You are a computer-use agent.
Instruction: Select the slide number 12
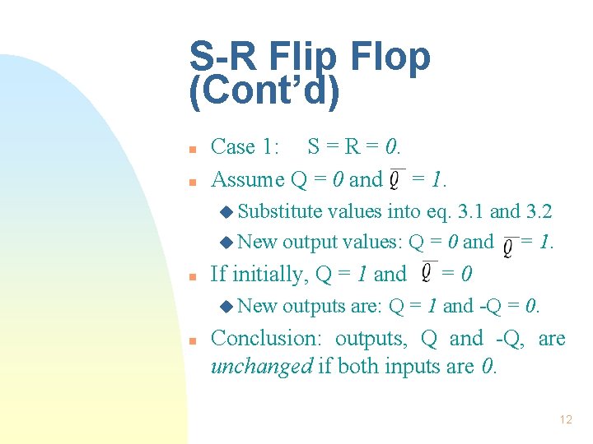click(x=565, y=419)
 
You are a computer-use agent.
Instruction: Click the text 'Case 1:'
click(x=245, y=147)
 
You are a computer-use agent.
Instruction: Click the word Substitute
click(x=280, y=211)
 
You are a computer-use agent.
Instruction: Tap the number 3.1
click(x=468, y=211)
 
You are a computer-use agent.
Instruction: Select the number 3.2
click(x=538, y=211)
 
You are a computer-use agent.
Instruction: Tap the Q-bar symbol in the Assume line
click(x=398, y=178)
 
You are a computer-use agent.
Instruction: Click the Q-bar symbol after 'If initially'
click(x=429, y=271)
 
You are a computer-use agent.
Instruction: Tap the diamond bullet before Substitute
click(x=226, y=212)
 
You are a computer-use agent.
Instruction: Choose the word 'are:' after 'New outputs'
click(x=367, y=307)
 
